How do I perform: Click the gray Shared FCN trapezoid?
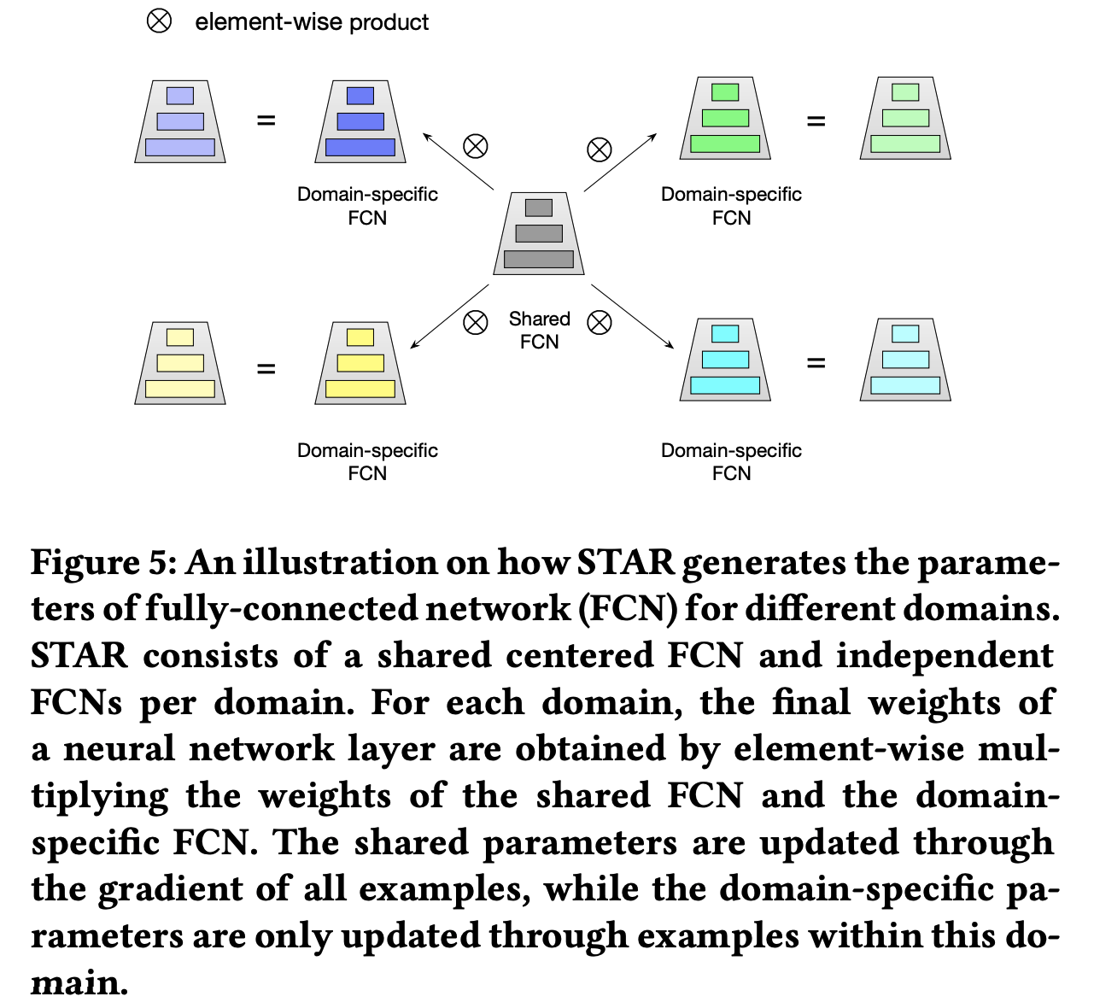[539, 233]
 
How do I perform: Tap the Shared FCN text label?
[539, 330]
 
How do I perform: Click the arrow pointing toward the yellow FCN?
[449, 317]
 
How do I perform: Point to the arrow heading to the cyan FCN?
[632, 316]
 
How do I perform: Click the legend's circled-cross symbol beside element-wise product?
[159, 21]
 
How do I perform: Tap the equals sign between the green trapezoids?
[816, 121]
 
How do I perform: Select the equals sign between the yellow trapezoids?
[266, 369]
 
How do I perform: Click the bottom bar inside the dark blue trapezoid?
[360, 147]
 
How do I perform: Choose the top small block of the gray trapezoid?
[539, 208]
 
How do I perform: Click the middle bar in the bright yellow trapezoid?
[360, 363]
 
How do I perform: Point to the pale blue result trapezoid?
[180, 121]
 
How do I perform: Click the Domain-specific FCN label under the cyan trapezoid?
[731, 461]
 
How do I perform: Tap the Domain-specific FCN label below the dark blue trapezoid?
[367, 206]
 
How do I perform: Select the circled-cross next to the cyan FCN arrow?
[600, 322]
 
